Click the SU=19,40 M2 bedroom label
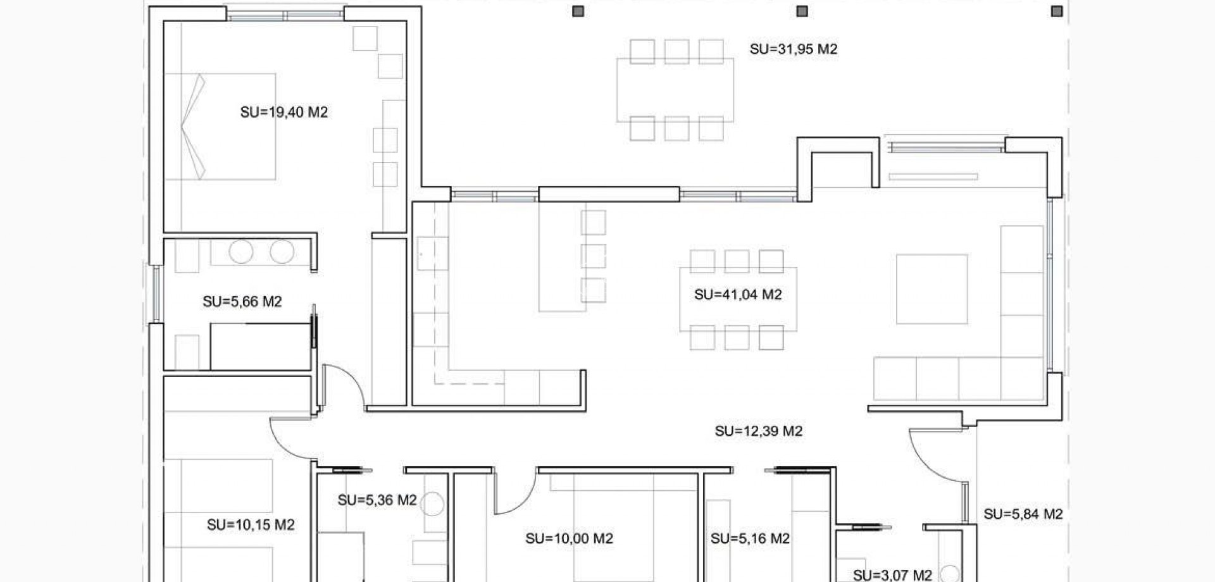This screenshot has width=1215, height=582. [284, 113]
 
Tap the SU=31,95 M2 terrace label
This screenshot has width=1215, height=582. [794, 49]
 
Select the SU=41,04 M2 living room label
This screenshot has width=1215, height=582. [738, 295]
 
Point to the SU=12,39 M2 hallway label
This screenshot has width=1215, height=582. [759, 431]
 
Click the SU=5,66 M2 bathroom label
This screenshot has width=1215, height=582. [242, 302]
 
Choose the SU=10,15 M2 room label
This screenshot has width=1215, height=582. [251, 525]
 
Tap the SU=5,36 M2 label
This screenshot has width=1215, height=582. [377, 500]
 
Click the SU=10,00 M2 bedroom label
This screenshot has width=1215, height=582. [569, 539]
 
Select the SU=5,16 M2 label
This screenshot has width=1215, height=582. [750, 539]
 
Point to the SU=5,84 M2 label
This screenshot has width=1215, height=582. [1023, 514]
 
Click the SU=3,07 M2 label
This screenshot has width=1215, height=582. [892, 575]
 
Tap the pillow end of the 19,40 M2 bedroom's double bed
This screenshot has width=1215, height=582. [192, 127]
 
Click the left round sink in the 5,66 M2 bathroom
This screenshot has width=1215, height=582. [241, 252]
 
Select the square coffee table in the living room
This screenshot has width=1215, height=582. [931, 289]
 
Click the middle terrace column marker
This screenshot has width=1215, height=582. [802, 11]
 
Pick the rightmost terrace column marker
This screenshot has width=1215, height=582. [1056, 11]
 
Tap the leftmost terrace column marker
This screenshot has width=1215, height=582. [578, 11]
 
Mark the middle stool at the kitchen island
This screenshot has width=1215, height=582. [594, 256]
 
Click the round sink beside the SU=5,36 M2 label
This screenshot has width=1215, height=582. [433, 504]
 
